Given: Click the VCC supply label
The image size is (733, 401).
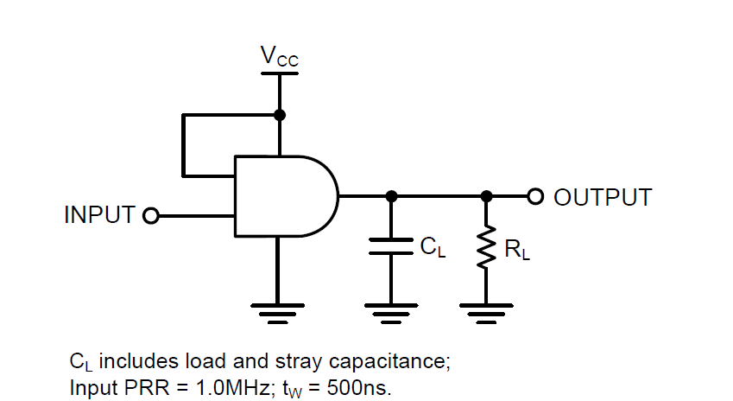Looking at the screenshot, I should [x=279, y=57].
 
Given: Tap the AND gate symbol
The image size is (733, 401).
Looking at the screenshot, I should [x=285, y=196].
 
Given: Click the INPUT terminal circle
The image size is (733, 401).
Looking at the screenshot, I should [x=151, y=215].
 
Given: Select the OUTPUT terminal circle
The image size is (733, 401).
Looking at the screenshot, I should [x=535, y=196].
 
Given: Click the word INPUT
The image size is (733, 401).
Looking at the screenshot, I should [x=100, y=215].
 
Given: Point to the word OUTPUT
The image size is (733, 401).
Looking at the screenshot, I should [x=602, y=197].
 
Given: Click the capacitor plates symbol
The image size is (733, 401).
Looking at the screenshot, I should [x=391, y=246].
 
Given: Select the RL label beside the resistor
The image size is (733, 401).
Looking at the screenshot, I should [x=517, y=251].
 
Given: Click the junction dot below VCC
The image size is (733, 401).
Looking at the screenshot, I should [x=279, y=115].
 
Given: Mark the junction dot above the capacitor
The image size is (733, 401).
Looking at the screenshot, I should [x=391, y=196].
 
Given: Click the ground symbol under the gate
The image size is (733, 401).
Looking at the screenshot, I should [x=278, y=310].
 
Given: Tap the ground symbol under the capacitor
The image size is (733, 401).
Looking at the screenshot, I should [x=391, y=310].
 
